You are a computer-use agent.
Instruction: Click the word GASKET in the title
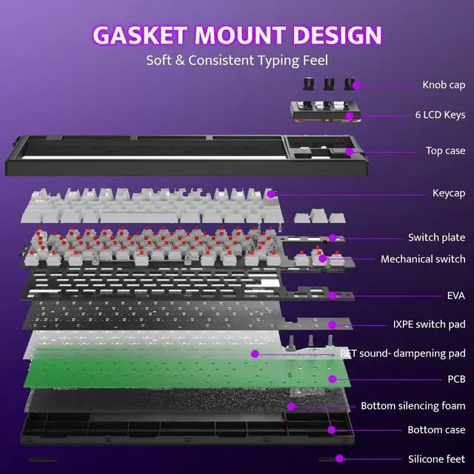[140, 35]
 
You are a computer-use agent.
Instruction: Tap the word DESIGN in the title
[338, 35]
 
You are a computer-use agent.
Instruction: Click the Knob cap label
[444, 85]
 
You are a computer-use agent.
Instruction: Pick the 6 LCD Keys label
[440, 115]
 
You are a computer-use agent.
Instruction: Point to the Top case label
[446, 150]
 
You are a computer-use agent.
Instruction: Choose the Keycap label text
[449, 193]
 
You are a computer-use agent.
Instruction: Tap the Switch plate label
[437, 238]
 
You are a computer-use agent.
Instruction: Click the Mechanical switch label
[423, 259]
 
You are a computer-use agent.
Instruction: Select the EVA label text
[456, 296]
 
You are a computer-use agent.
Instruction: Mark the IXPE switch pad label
[430, 324]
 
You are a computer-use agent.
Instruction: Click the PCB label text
[456, 379]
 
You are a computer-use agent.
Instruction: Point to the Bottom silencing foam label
[413, 406]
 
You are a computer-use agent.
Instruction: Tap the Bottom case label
[436, 430]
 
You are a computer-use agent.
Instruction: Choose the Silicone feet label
[437, 459]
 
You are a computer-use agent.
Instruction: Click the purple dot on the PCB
[333, 379]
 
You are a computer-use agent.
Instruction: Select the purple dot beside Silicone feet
[339, 458]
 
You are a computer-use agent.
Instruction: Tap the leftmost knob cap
[309, 84]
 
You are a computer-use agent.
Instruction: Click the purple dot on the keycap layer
[271, 194]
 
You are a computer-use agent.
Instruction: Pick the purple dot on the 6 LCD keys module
[350, 116]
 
